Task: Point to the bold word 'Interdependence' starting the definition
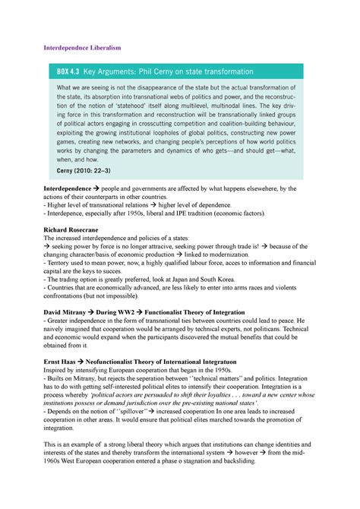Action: (71, 188)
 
